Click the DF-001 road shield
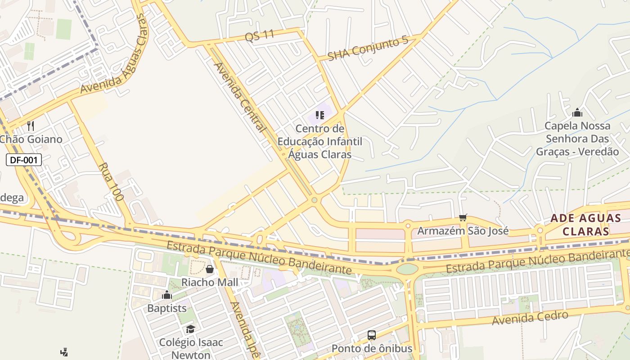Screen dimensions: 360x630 coord(24,160)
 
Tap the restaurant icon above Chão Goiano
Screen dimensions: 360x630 coord(31,126)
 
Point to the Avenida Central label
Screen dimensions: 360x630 coord(239,97)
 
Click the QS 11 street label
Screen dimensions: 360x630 coord(260,36)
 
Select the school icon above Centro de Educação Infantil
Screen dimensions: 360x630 coord(320,115)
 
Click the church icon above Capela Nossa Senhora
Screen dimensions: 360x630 coord(577,112)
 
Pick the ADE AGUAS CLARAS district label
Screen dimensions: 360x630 coord(580,225)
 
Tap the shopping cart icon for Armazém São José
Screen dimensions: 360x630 coord(463,218)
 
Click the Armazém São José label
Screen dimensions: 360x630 coord(463,231)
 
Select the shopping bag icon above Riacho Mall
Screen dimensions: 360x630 coord(210,269)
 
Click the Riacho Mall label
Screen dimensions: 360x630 coord(210,282)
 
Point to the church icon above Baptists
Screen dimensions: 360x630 coord(167,295)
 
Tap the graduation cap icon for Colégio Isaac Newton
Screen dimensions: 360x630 coord(191,329)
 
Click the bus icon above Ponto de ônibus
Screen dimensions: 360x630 coord(372,335)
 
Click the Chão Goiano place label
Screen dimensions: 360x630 coord(31,139)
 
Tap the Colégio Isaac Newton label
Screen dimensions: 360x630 coord(191,348)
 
